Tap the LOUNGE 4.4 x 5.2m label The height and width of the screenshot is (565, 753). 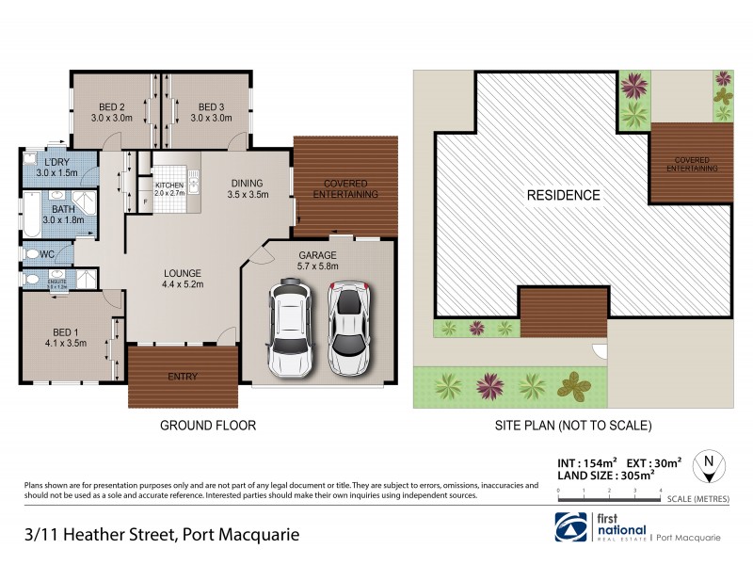[x=183, y=277]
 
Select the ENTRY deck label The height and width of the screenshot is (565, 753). [x=183, y=377]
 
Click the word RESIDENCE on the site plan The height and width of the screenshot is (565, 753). [x=563, y=196]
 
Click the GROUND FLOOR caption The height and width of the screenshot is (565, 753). [x=208, y=426]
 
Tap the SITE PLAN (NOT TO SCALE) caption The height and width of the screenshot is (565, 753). [x=573, y=426]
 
